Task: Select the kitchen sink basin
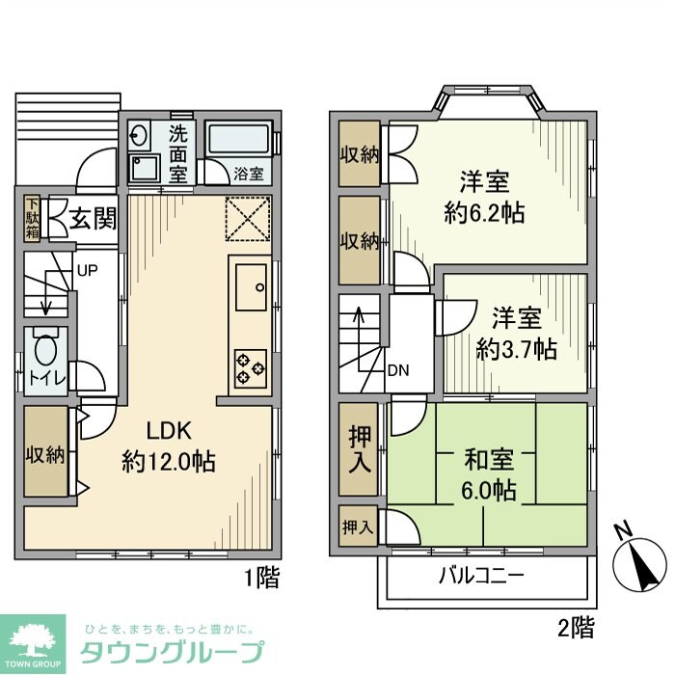(250, 286)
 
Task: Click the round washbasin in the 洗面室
(138, 136)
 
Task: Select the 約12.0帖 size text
(169, 461)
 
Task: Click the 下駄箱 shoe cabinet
(33, 219)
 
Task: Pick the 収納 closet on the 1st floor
(45, 453)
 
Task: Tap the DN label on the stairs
(397, 369)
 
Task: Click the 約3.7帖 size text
(517, 349)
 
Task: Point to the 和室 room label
(485, 459)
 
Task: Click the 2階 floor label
(577, 629)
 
